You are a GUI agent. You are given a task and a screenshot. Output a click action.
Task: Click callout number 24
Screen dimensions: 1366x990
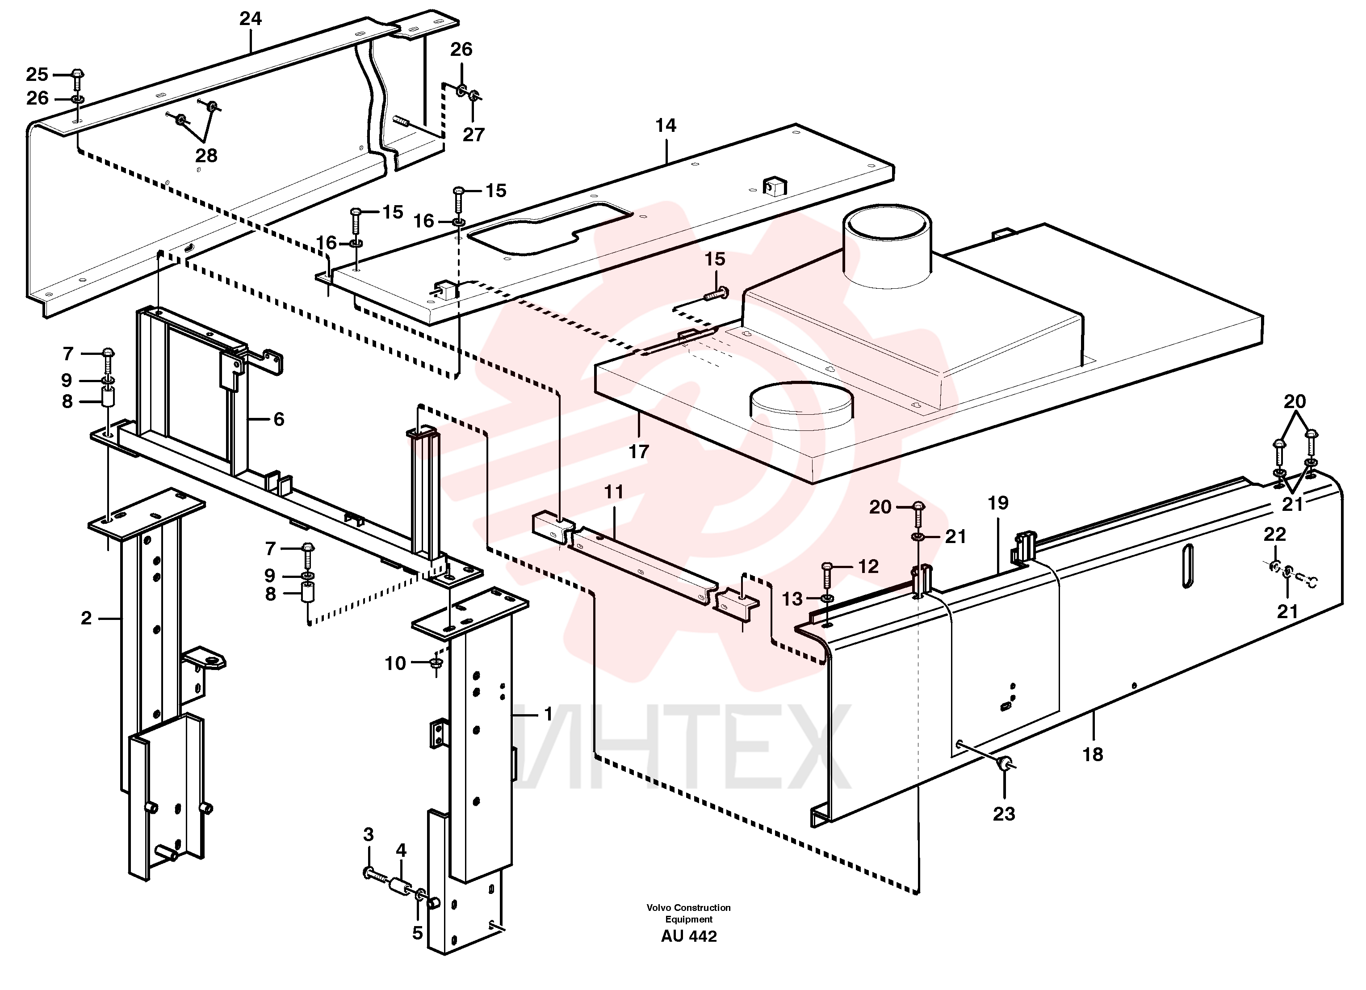[251, 19]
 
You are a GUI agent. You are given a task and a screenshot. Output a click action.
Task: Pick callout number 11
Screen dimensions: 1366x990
[614, 492]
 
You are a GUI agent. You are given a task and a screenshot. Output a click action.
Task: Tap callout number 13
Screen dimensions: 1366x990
[792, 599]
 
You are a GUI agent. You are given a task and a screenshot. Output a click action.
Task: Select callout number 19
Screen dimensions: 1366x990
[998, 502]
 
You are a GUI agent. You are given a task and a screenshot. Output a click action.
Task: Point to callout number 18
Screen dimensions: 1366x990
[1093, 754]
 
